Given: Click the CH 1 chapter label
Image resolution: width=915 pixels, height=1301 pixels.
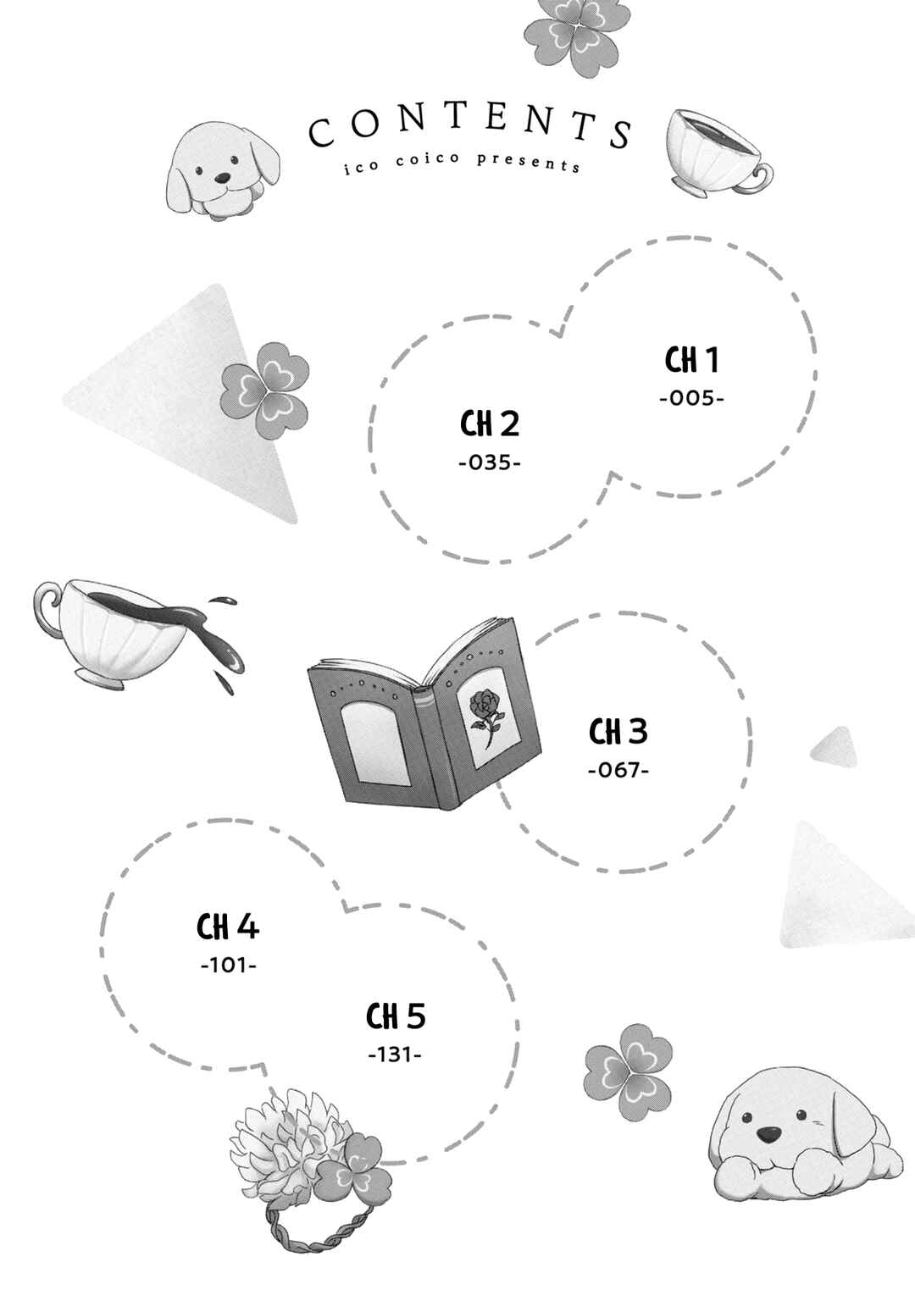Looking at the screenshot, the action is (x=691, y=361).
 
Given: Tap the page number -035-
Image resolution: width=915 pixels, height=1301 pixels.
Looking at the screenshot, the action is (x=489, y=463).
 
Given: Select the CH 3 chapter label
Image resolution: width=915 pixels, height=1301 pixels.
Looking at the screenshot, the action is (x=618, y=732).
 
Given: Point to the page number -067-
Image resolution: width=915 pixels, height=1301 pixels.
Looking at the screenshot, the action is (x=618, y=771).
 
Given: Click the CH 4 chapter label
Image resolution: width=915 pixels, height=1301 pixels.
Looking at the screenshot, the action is (x=228, y=927).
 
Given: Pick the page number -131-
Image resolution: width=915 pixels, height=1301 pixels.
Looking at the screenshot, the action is (x=395, y=1055).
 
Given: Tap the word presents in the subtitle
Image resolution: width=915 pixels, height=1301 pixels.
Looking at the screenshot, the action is (x=529, y=162).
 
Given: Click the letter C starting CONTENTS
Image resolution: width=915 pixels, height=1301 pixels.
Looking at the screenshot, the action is (x=322, y=133).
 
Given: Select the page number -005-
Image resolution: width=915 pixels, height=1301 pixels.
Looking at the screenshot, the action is (x=692, y=398).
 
